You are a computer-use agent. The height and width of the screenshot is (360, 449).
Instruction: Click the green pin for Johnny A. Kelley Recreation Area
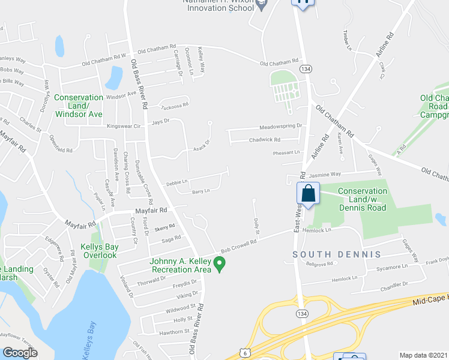pos(220,263)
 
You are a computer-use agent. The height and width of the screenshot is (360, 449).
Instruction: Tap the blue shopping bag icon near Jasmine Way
pos(307,193)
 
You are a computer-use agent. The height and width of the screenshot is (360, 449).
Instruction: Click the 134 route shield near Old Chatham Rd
pos(306,69)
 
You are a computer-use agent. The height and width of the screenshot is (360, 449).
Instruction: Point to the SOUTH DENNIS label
pos(337,254)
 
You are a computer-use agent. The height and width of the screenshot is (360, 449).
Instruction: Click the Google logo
pos(20,353)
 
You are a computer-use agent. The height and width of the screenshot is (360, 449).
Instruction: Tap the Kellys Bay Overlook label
pos(99,250)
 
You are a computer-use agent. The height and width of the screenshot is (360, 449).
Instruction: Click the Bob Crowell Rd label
pos(238,243)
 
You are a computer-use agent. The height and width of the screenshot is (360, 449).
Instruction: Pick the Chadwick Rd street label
pos(264,140)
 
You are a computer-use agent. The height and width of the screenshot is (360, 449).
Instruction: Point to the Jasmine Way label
pos(325,173)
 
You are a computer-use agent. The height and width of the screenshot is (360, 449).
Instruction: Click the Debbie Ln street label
pos(177,181)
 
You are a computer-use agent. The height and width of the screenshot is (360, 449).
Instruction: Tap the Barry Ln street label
pos(200,191)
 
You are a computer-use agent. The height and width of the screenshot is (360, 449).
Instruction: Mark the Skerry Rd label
pos(164,227)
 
